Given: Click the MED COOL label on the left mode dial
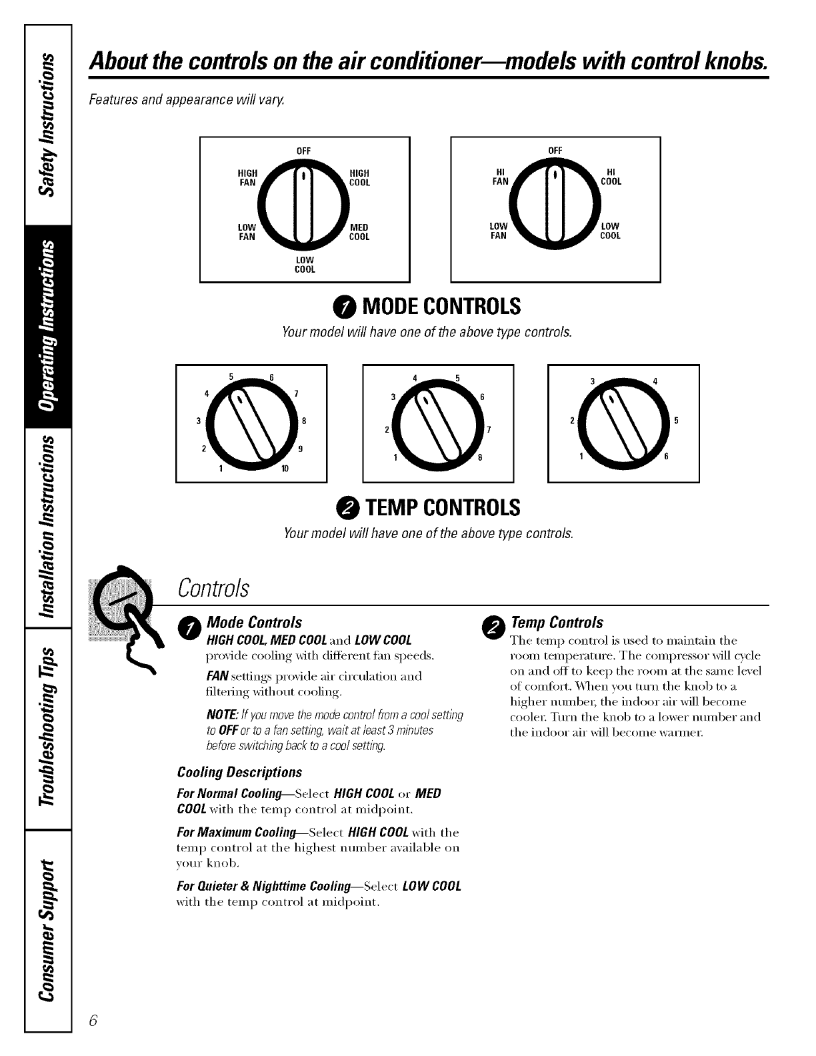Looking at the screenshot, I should [x=359, y=232].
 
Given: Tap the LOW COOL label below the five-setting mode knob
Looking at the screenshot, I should [x=305, y=265].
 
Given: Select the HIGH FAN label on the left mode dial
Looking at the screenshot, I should [x=247, y=178].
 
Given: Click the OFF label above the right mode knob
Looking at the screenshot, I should [x=555, y=151].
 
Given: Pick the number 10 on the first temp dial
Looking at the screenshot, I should [x=285, y=469].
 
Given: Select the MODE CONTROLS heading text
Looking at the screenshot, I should [x=441, y=307].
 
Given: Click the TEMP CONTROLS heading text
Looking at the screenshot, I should [x=441, y=508].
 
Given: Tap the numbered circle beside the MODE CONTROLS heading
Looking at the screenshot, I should [x=346, y=307].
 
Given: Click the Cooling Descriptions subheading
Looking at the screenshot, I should [x=239, y=772].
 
